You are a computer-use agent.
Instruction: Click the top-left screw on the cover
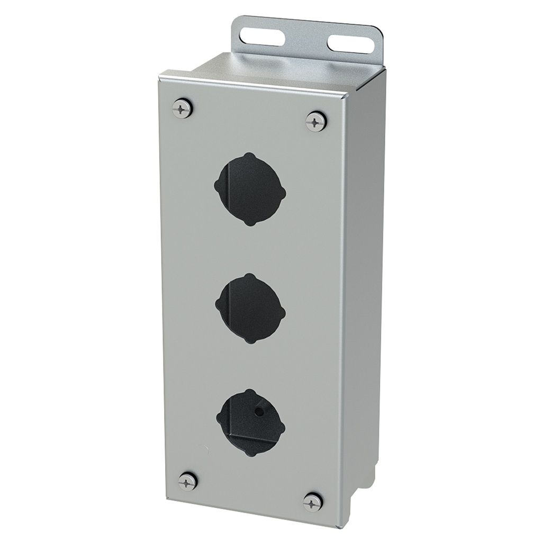[182, 109]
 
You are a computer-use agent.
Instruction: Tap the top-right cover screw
[316, 121]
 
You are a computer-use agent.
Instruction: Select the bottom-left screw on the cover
[187, 481]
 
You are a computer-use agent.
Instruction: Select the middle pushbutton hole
[250, 308]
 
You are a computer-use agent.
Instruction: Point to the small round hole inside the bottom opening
[260, 411]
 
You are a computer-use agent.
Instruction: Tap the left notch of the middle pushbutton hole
[218, 304]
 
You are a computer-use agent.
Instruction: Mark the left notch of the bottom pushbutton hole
[219, 418]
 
